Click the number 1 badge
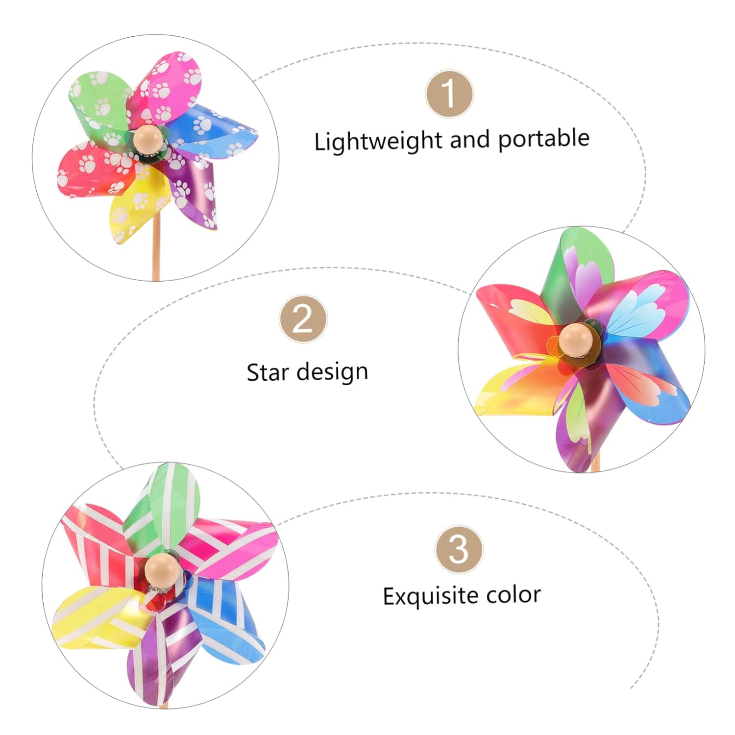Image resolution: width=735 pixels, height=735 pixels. click(x=449, y=93)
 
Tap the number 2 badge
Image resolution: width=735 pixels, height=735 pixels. click(x=303, y=318)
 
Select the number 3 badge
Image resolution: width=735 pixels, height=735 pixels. click(x=459, y=549)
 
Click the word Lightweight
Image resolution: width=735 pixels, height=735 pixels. click(x=377, y=142)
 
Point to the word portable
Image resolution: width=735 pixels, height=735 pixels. click(x=543, y=139)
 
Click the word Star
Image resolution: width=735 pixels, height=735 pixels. click(x=268, y=372)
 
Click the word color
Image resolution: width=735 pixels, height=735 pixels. click(x=514, y=595)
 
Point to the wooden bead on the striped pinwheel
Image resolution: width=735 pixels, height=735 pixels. click(x=162, y=570)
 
